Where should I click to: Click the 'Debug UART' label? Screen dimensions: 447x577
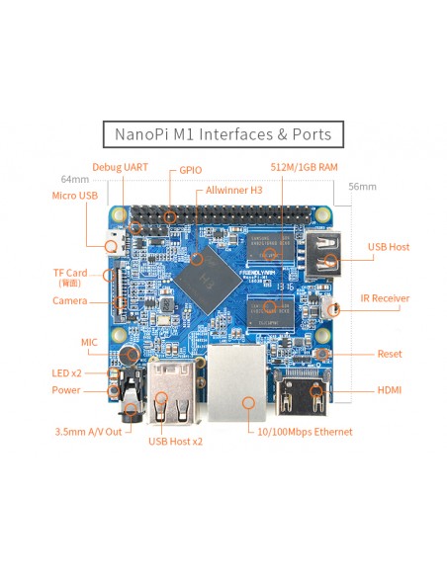click(120, 167)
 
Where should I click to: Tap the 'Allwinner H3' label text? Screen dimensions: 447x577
click(233, 191)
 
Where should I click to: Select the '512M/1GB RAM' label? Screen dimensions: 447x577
click(305, 167)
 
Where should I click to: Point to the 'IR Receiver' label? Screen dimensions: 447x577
click(385, 298)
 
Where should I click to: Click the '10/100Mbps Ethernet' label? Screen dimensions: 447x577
click(305, 432)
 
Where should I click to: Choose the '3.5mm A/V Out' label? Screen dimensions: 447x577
click(88, 432)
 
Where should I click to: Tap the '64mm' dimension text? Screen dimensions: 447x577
click(75, 179)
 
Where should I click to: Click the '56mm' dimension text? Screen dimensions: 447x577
click(362, 187)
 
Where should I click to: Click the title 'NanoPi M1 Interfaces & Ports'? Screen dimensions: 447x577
click(223, 134)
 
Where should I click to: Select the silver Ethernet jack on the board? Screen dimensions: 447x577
click(236, 382)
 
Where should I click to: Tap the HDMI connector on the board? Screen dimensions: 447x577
click(302, 392)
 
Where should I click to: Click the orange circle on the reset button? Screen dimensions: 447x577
click(322, 354)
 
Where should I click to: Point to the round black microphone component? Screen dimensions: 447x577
click(129, 355)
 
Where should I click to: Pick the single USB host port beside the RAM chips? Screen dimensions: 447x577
click(323, 255)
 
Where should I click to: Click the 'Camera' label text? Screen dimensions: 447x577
click(70, 300)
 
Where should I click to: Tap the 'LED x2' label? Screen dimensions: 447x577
click(66, 373)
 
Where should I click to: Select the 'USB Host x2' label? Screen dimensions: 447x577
click(175, 442)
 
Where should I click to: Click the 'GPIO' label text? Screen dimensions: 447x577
click(191, 170)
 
